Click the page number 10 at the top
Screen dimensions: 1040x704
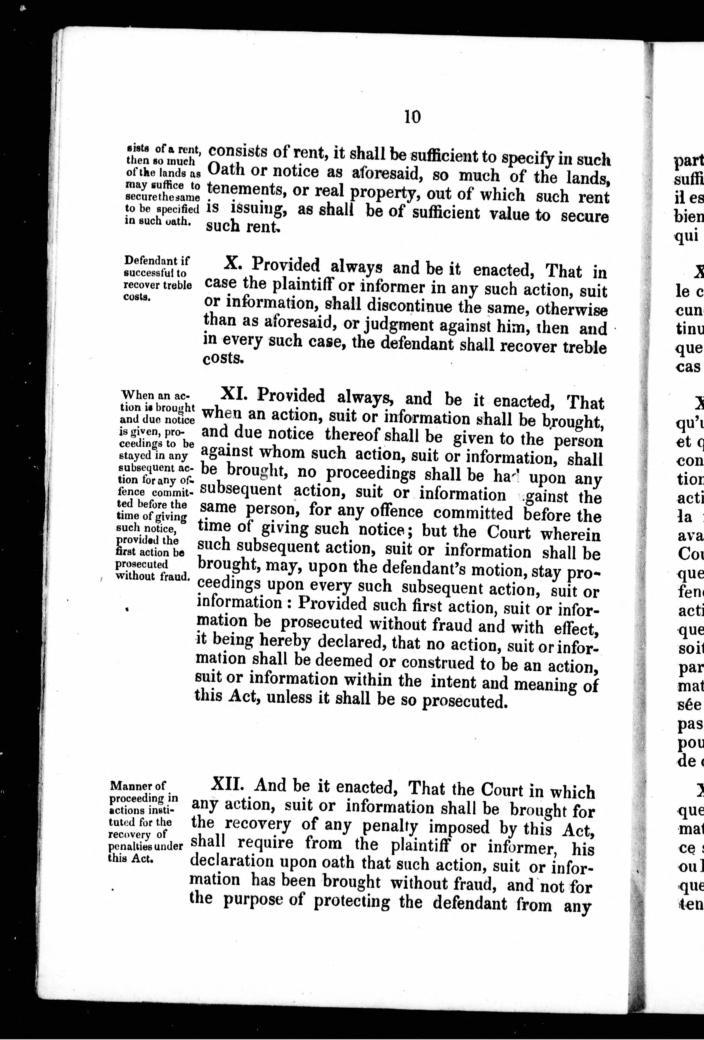pyautogui.click(x=412, y=117)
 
